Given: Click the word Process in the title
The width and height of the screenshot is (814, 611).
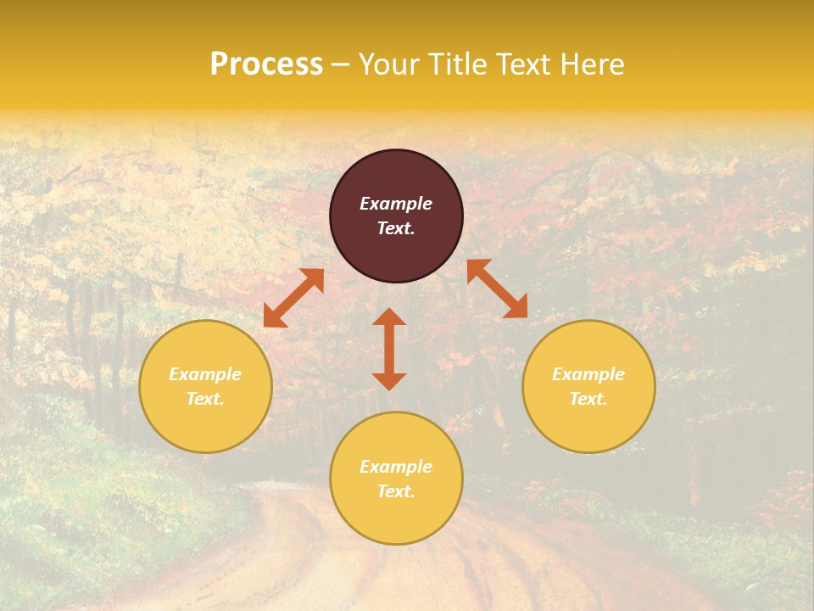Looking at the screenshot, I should click(266, 64).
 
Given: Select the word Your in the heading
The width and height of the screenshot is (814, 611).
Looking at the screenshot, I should click(390, 64).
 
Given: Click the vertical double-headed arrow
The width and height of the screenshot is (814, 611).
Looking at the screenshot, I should click(389, 349).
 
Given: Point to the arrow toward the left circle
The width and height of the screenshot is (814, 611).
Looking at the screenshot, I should click(293, 298).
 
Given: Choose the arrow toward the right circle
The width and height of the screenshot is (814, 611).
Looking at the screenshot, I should click(497, 289).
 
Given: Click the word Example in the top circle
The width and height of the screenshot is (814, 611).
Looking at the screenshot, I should click(396, 204).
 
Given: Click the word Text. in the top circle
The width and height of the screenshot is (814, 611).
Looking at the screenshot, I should click(396, 228).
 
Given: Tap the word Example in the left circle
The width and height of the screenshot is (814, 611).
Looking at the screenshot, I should click(205, 374).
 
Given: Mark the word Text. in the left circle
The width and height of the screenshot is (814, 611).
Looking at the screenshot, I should click(205, 399).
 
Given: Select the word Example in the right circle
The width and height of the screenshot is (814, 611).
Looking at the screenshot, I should click(588, 374).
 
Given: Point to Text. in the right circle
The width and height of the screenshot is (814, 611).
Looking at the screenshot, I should click(588, 399).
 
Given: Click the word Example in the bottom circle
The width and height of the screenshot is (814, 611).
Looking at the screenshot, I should click(396, 467).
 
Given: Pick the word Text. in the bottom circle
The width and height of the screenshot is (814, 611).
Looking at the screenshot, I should click(396, 491).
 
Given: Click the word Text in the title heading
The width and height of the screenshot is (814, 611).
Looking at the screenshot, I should click(523, 64).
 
